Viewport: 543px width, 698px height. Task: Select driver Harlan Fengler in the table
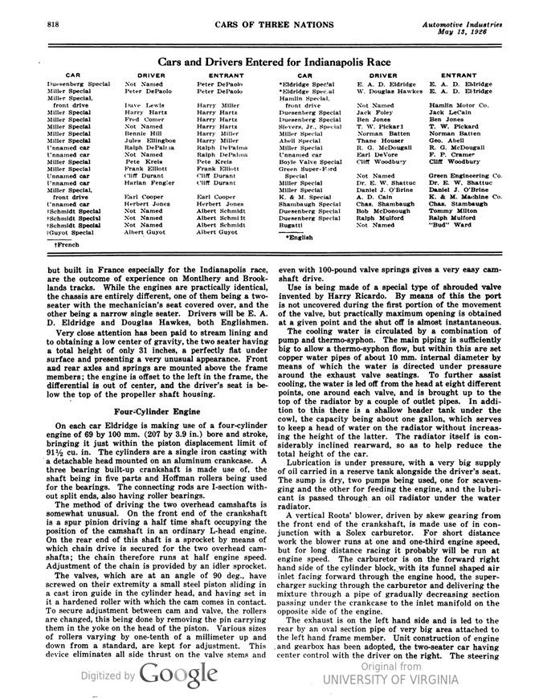click(149, 184)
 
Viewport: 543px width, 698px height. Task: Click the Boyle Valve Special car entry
click(306, 162)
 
